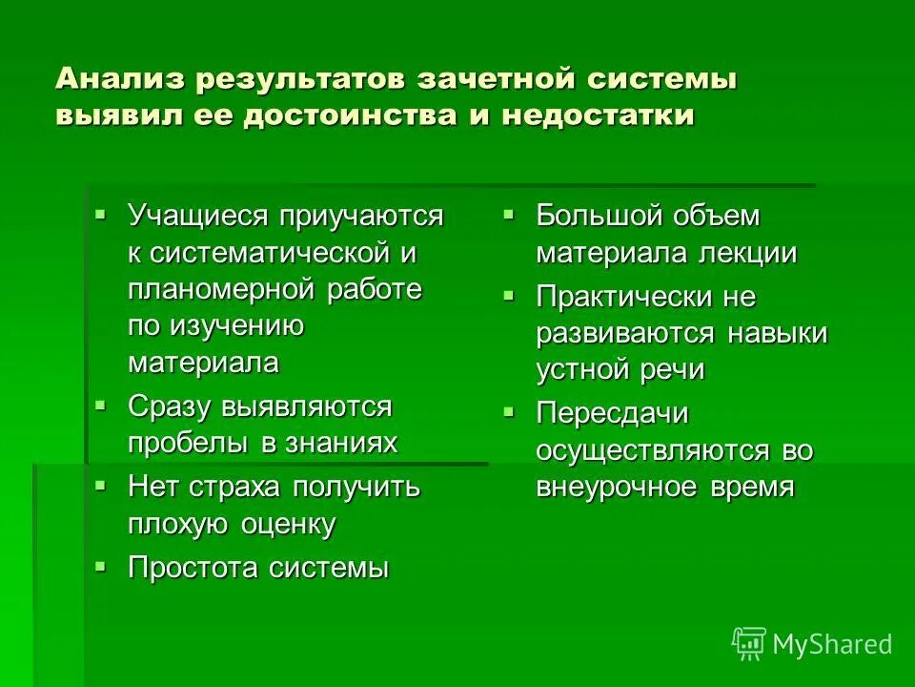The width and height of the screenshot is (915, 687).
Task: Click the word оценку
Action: (x=288, y=524)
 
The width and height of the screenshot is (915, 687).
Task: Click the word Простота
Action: (x=193, y=569)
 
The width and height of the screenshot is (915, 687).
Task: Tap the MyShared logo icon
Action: (x=748, y=644)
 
